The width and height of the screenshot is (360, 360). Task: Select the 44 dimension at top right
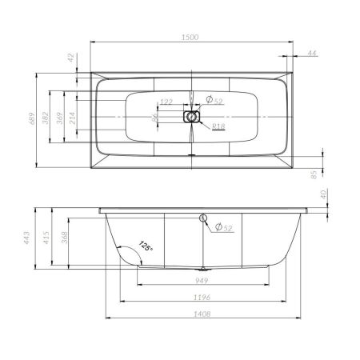(311, 53)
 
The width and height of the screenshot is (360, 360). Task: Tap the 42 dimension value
(70, 57)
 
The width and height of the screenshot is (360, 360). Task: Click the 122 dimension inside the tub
(166, 102)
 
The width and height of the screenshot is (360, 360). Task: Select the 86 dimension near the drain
(156, 118)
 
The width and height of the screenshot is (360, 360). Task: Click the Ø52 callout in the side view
(224, 229)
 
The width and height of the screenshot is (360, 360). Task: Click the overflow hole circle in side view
(203, 219)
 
